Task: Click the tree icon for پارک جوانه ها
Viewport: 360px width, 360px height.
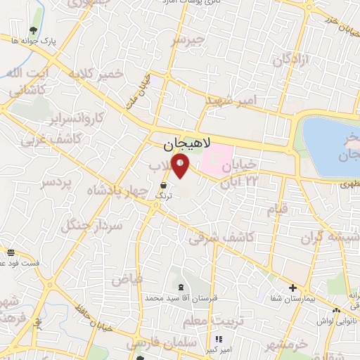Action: (x=33, y=30)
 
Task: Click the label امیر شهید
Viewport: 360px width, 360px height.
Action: (x=231, y=101)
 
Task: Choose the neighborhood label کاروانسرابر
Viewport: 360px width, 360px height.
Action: (x=77, y=117)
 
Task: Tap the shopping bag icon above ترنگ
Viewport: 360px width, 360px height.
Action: (x=163, y=186)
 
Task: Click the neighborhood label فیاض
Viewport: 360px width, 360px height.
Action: (x=127, y=279)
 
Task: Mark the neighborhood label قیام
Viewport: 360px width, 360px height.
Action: (x=278, y=208)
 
